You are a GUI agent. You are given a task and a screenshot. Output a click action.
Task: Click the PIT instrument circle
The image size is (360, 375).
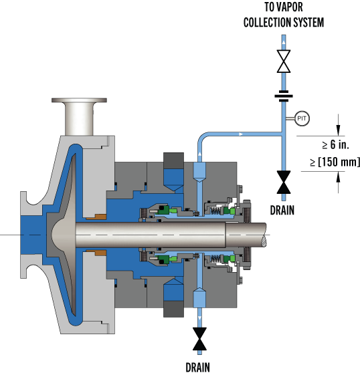point(302,118)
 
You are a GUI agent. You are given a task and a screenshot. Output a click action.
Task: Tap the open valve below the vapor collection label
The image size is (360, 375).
point(284,61)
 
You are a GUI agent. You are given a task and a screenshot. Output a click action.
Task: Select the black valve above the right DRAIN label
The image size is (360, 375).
point(284,182)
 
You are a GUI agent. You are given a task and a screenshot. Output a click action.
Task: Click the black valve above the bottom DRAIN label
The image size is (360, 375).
point(199,339)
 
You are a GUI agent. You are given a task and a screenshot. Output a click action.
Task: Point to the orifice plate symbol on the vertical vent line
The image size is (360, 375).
point(284,96)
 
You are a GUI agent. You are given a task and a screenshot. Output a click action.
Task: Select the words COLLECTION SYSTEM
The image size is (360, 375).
point(284,22)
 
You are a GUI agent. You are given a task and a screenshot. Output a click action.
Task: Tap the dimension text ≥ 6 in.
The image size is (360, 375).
point(336,144)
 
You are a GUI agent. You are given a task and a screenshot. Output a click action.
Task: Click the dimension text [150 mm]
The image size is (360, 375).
point(339,162)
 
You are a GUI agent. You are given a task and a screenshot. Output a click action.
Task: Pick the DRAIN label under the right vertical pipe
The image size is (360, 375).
point(282,210)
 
